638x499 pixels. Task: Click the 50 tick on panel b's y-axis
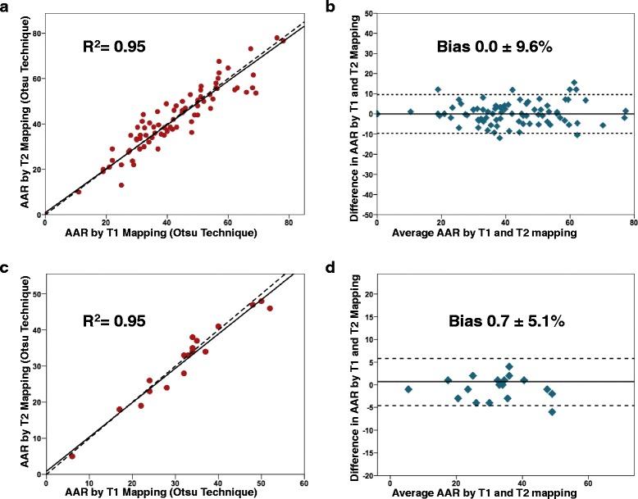pos(367,14)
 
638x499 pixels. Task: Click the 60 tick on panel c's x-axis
pos(304,482)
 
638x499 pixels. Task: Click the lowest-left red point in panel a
pos(79,192)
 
